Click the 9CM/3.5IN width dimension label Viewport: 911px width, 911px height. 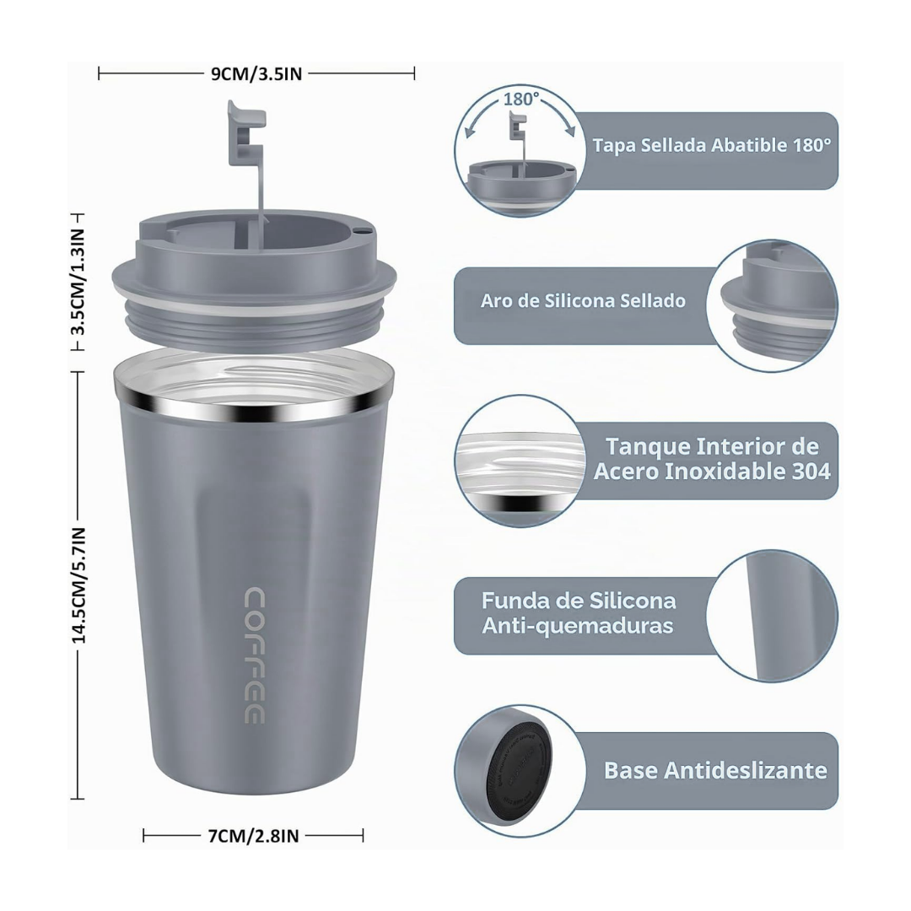[256, 73]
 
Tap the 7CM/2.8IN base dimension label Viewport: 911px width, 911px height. [253, 836]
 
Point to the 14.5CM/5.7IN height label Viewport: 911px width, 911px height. [78, 585]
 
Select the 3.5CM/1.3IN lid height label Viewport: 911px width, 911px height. [78, 282]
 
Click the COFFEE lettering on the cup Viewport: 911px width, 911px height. [255, 655]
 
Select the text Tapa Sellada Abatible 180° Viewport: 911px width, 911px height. [712, 145]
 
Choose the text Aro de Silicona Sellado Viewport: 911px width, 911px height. [583, 300]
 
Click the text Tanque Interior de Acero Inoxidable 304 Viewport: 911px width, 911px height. [712, 458]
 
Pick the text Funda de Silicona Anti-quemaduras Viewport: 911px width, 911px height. [579, 613]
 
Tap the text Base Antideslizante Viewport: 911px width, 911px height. [715, 770]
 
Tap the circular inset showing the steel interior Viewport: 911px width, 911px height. [519, 461]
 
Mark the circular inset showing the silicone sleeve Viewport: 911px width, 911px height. [772, 616]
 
